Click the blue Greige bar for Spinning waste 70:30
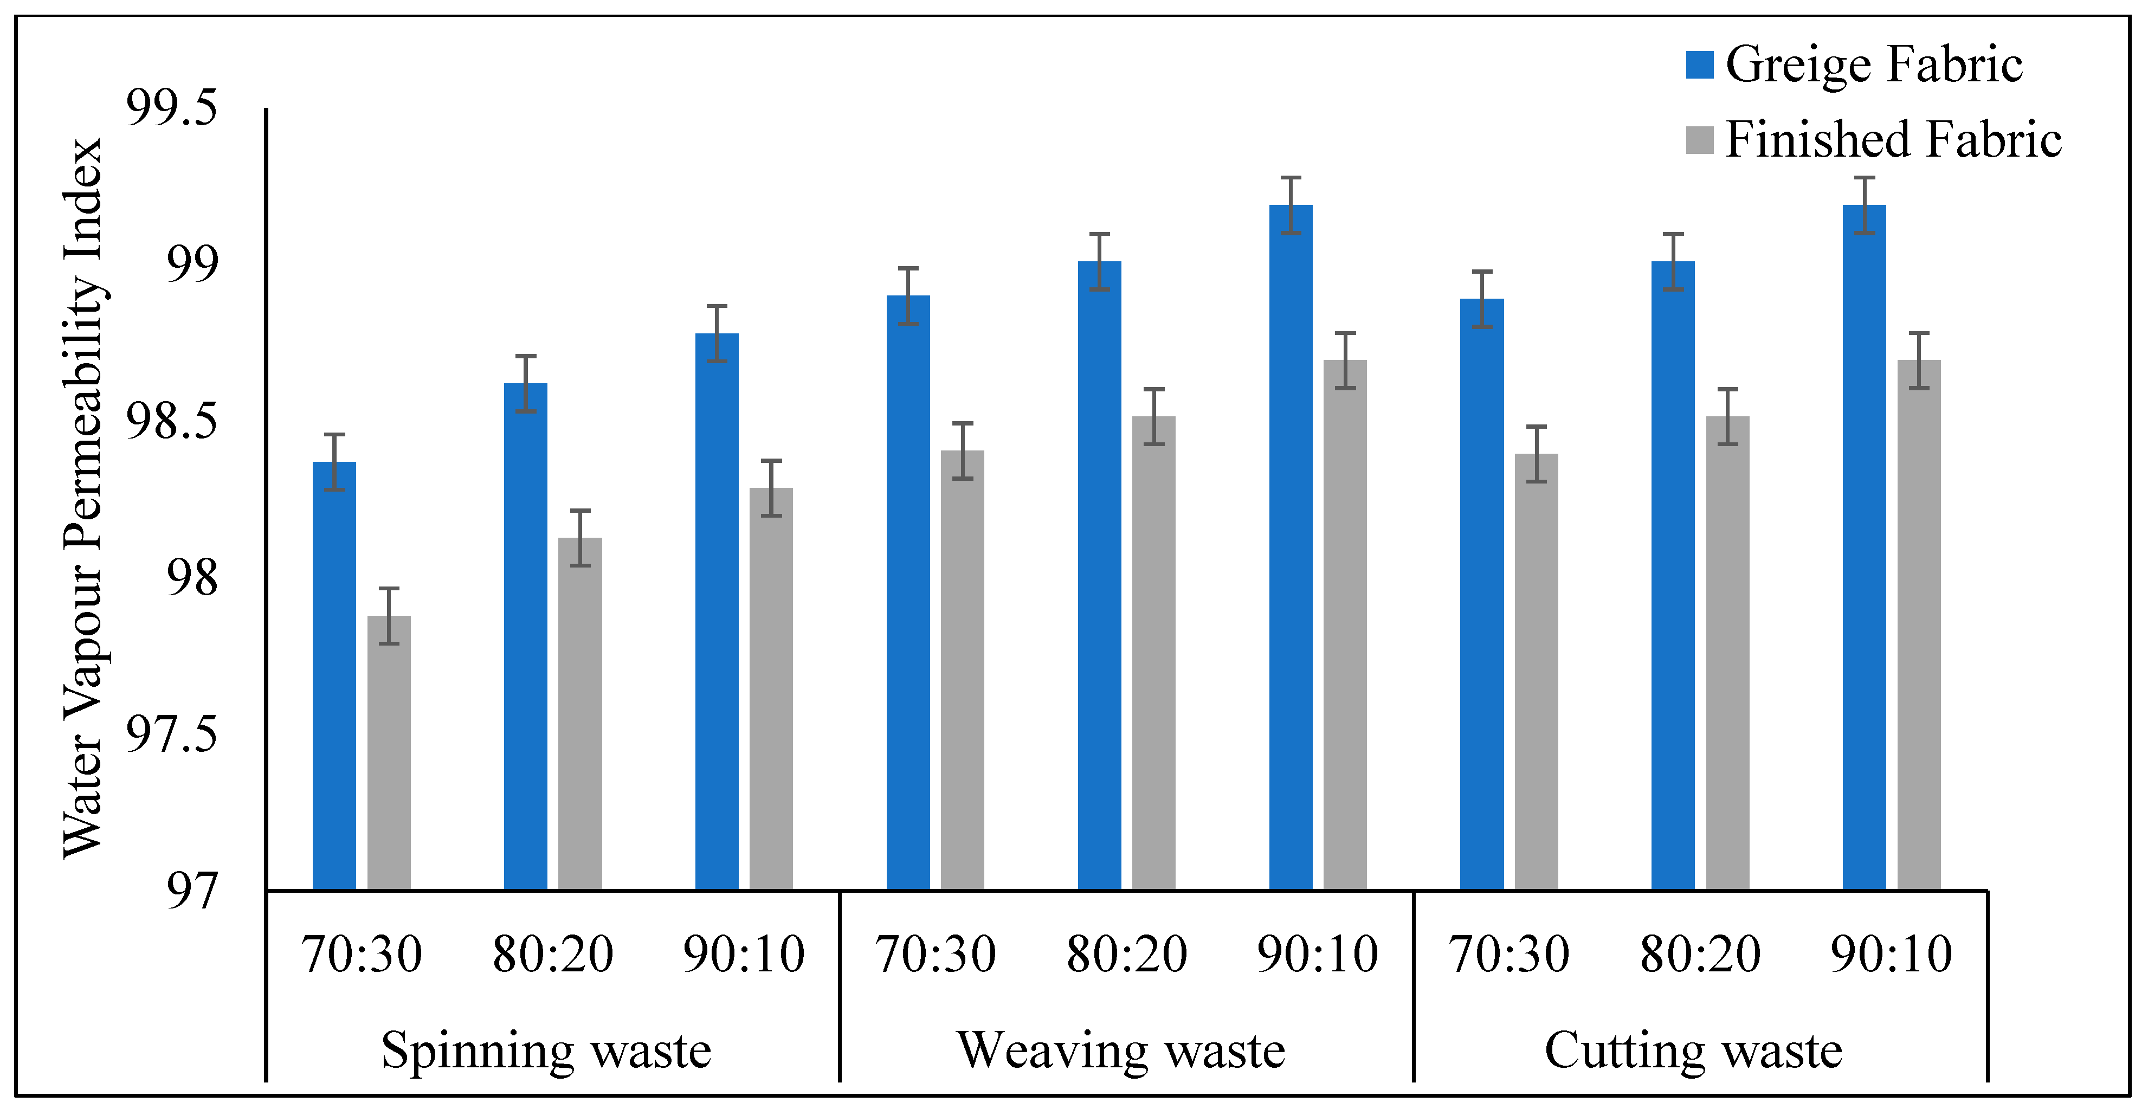(334, 675)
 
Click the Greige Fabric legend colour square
(1699, 65)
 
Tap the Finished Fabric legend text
(1893, 139)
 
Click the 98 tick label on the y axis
(192, 577)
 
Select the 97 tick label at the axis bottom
(192, 891)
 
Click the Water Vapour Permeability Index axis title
(83, 498)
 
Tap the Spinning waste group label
(546, 1050)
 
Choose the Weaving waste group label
(1121, 1050)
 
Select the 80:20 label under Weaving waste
(1126, 954)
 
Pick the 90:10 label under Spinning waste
(744, 954)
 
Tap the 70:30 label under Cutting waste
(1510, 954)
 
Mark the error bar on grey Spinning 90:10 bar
(771, 488)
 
